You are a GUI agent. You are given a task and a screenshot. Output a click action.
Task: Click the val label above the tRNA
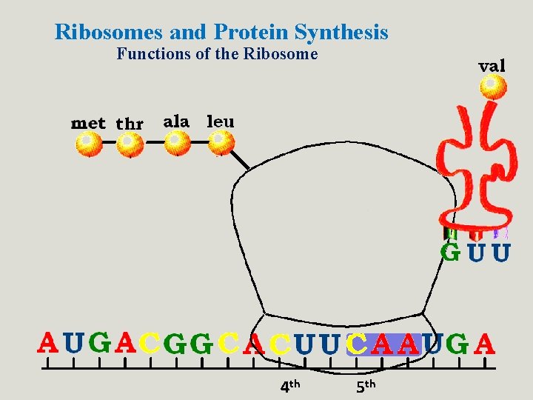click(492, 65)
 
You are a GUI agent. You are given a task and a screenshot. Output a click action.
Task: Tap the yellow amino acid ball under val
click(492, 87)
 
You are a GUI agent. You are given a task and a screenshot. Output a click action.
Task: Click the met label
click(88, 123)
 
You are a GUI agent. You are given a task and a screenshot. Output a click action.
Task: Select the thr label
click(130, 124)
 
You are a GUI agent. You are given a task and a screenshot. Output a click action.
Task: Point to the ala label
click(176, 121)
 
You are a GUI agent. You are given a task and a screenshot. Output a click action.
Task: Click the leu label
click(220, 121)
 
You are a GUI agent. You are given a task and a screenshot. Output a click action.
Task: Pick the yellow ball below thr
click(130, 144)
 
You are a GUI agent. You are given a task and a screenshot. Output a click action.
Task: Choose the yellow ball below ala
click(177, 142)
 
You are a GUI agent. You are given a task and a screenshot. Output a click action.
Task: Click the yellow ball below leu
click(221, 142)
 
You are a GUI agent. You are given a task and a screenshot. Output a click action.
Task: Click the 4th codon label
click(289, 385)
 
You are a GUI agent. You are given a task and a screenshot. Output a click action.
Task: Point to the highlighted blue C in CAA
click(357, 344)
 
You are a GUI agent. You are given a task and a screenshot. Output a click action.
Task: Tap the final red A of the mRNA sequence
click(485, 344)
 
